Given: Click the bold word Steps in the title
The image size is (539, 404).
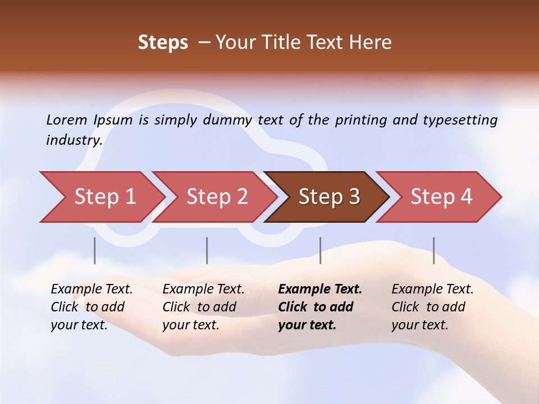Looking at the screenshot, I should coord(163,43).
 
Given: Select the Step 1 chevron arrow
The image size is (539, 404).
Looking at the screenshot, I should coord(104,197).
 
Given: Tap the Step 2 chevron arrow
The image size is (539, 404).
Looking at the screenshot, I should coord(216,197).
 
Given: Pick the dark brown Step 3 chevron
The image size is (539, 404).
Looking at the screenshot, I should coord(328,197).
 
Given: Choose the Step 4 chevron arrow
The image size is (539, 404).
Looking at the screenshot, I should coord(441,197).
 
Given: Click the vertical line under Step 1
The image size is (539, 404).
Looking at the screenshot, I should coord(95,250).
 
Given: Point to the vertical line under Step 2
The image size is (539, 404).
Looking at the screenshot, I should coord(207,250).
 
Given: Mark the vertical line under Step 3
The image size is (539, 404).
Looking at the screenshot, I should coord(321,250).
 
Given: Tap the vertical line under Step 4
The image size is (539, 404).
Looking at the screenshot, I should coord(434,250).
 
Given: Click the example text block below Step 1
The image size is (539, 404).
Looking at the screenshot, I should coord(92,307).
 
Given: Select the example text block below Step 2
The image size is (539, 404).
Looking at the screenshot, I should coord(203,307).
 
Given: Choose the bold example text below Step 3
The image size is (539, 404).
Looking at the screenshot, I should coord(320,307).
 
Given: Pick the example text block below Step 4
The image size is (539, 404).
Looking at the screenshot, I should coord(432,307).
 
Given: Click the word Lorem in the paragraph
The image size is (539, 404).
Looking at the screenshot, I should coord(67,120).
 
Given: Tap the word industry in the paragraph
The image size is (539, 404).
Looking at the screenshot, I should coord(74,140).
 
